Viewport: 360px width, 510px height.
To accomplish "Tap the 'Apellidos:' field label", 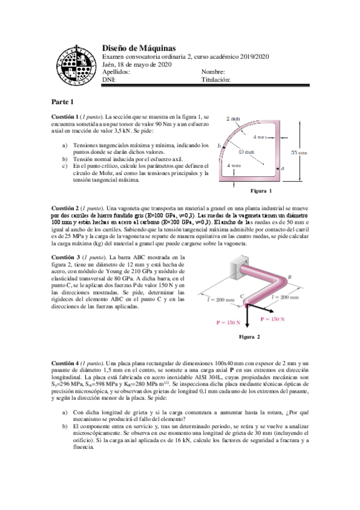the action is click(x=116, y=72).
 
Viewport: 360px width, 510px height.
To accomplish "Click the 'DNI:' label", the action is click(x=109, y=79).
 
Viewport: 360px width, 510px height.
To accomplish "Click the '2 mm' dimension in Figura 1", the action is click(x=234, y=119).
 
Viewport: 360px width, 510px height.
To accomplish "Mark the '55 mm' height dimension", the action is click(x=299, y=153).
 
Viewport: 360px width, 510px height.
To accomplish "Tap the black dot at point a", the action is click(x=275, y=170).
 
